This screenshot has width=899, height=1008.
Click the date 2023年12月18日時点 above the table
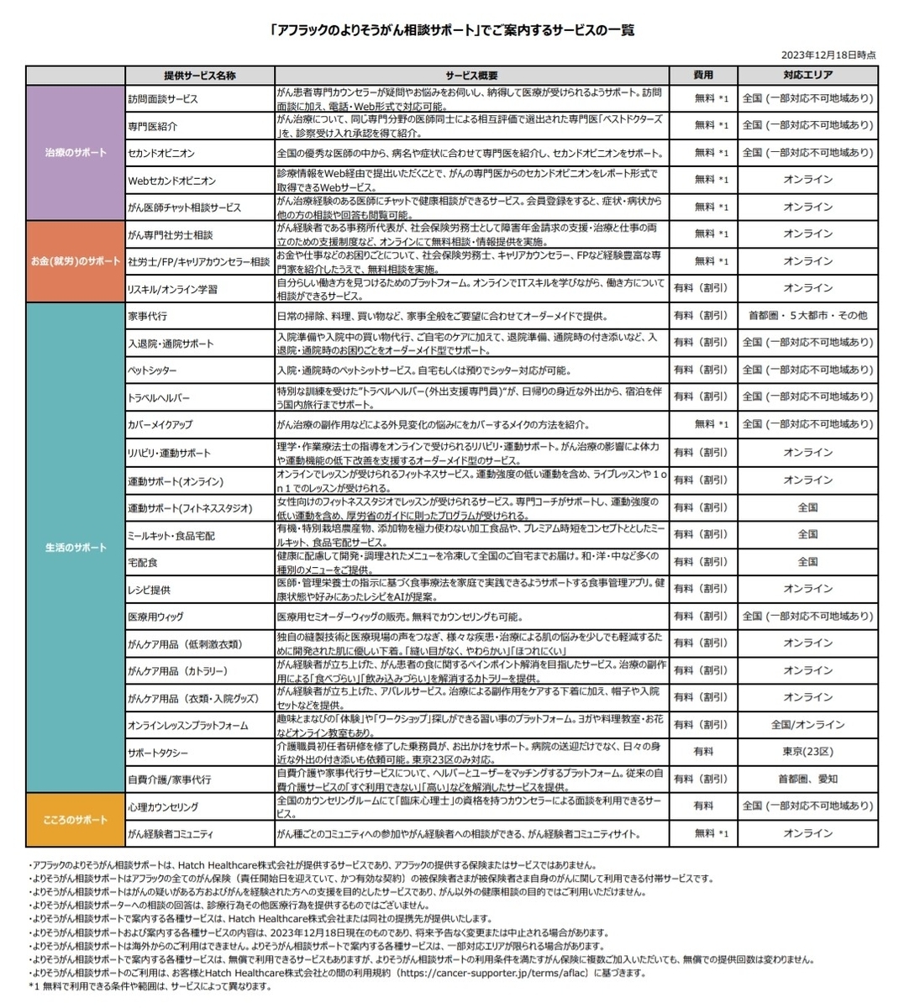(828, 55)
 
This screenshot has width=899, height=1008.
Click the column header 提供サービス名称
(200, 76)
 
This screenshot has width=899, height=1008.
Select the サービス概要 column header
(472, 76)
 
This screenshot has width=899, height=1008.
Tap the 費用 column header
(703, 76)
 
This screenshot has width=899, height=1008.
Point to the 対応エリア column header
(807, 76)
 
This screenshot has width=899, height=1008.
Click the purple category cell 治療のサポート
(76, 153)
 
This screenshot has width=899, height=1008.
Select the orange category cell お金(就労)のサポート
(76, 261)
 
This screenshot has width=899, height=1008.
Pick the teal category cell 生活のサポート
(76, 548)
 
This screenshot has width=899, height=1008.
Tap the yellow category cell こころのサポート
(76, 820)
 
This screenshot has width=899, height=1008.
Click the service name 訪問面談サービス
(163, 98)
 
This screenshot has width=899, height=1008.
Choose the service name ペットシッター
(153, 370)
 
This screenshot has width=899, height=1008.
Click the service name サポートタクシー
(158, 752)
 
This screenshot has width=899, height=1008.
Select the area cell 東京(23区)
(807, 752)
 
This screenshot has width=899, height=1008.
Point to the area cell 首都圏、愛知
(807, 779)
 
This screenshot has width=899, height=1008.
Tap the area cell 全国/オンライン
(807, 724)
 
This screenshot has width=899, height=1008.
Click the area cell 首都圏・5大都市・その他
(807, 316)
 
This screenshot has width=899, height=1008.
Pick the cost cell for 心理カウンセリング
(703, 806)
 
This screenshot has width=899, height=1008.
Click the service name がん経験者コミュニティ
(171, 833)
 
